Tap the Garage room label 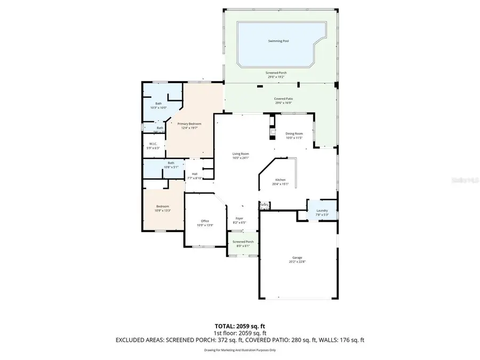coord(297,258)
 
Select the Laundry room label coord(322,210)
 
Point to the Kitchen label coord(281,180)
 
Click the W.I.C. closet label coord(153,144)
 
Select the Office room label coord(205,221)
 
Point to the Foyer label coord(239,218)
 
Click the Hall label coord(195,174)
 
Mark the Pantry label coord(264,204)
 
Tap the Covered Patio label coord(283,99)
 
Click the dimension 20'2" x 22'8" coord(297,262)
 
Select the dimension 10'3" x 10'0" coord(158,108)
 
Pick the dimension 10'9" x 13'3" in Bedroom coord(162,211)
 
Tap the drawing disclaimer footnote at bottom coord(239,350)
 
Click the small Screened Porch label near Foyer coord(243,242)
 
